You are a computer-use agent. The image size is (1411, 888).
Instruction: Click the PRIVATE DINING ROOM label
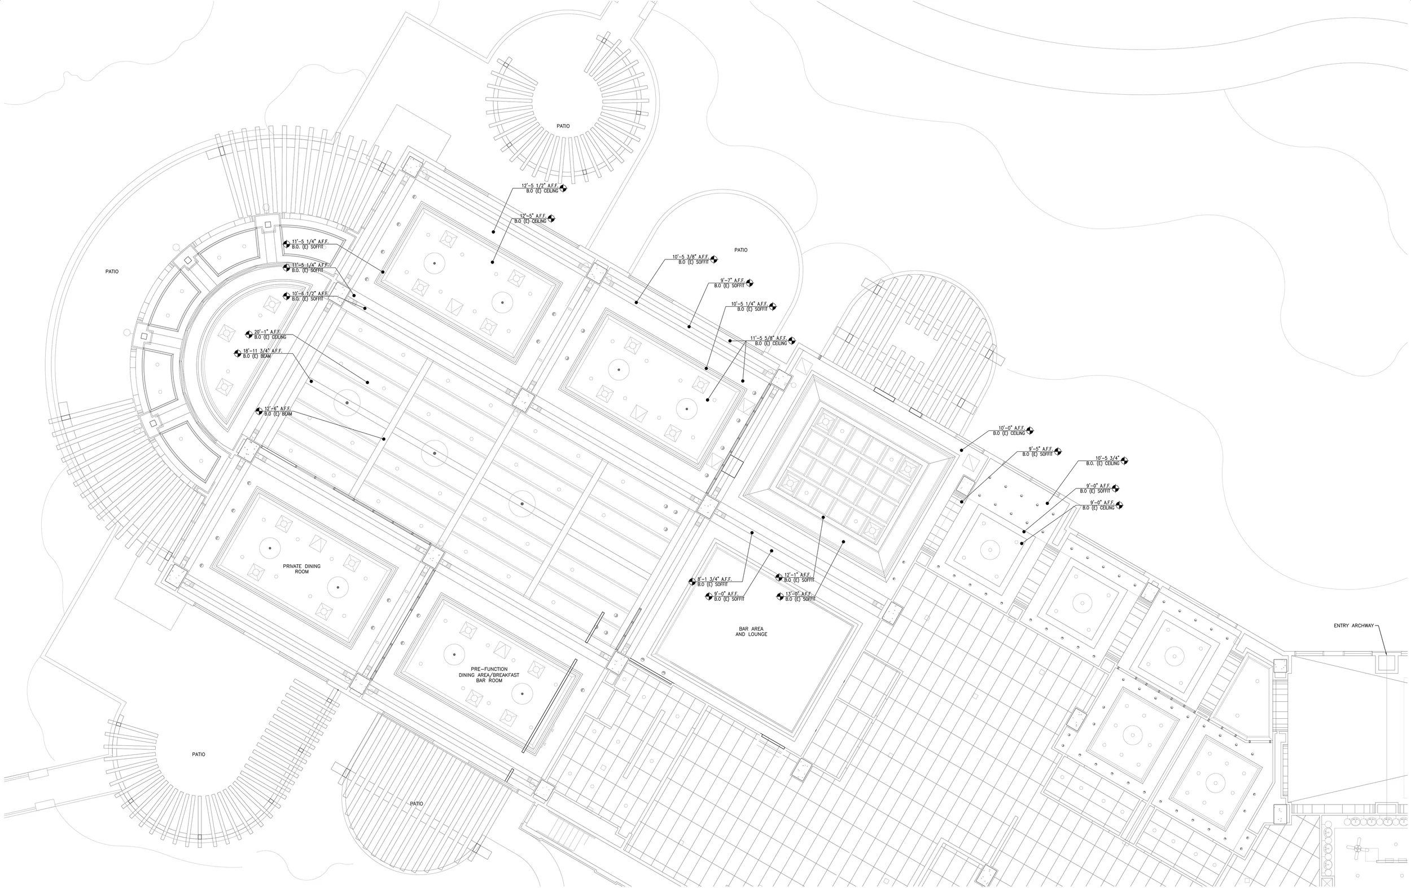301,569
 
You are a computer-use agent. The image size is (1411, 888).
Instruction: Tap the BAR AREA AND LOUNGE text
751,631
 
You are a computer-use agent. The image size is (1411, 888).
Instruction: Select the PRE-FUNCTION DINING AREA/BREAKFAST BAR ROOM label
489,675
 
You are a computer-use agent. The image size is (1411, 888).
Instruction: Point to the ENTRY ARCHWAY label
1353,626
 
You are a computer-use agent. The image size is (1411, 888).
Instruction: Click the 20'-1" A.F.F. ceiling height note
270,335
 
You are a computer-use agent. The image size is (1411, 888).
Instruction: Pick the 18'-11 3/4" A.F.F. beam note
262,353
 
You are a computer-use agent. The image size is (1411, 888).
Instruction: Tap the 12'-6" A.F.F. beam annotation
278,411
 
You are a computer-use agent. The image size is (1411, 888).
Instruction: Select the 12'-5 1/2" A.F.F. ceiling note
540,188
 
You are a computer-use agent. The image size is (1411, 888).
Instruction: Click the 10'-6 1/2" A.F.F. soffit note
308,296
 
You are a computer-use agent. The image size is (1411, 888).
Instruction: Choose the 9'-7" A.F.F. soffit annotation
730,283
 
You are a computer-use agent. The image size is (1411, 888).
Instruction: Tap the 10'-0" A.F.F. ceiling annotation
1010,430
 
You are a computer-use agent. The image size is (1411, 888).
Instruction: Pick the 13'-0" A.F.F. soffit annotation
799,596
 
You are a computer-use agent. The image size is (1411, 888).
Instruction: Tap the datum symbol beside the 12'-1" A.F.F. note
779,578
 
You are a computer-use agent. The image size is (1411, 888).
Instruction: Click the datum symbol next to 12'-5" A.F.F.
551,218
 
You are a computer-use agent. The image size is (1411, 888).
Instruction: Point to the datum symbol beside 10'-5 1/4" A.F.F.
772,306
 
